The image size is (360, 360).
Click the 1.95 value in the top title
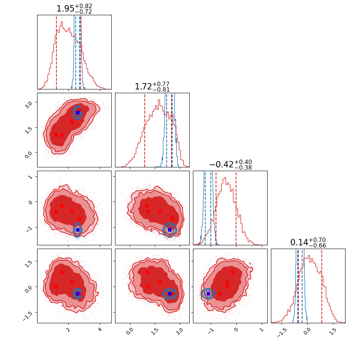click(65, 9)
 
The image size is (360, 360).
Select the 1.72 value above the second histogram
click(143, 87)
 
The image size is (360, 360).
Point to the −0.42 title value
click(221, 165)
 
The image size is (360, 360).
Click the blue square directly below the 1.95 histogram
click(78, 113)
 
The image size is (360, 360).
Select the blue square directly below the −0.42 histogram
click(208, 294)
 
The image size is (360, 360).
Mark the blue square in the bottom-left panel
click(78, 294)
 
